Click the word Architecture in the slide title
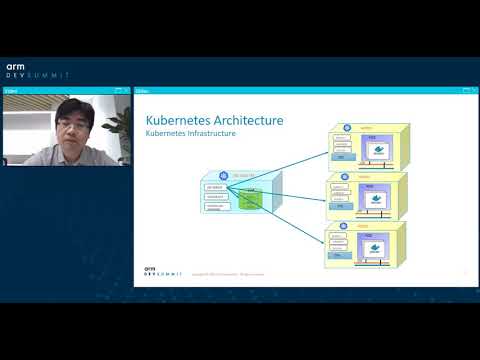pos(248,120)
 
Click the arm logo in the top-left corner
pos(15,66)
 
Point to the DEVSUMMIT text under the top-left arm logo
pos(37,76)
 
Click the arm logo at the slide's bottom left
pos(150,268)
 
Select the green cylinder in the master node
pos(249,199)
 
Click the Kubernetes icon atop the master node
pos(222,175)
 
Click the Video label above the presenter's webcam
pos(10,90)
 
